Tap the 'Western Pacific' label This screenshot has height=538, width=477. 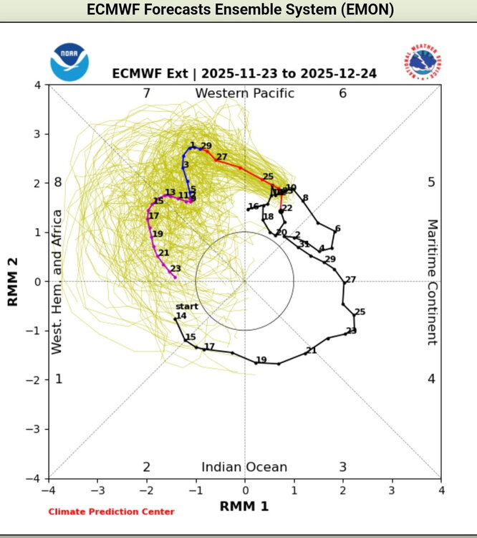(244, 93)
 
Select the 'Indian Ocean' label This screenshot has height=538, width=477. (244, 467)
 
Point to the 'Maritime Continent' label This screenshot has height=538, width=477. (432, 282)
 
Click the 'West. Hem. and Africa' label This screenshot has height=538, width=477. (57, 281)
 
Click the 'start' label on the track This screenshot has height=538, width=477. (187, 307)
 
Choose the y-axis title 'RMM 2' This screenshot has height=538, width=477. (13, 281)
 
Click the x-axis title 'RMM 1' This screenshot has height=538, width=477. (244, 506)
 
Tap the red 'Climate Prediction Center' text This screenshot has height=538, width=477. (111, 511)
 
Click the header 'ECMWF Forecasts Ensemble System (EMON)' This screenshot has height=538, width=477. (239, 11)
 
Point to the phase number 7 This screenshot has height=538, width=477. (146, 93)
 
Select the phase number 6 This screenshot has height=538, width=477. (343, 93)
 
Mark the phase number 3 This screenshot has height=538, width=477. (343, 467)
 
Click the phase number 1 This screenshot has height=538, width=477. (59, 379)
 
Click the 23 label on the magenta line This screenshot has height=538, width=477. (175, 269)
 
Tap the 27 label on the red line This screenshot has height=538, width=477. (221, 157)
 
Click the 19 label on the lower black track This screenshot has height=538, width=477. (261, 360)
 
